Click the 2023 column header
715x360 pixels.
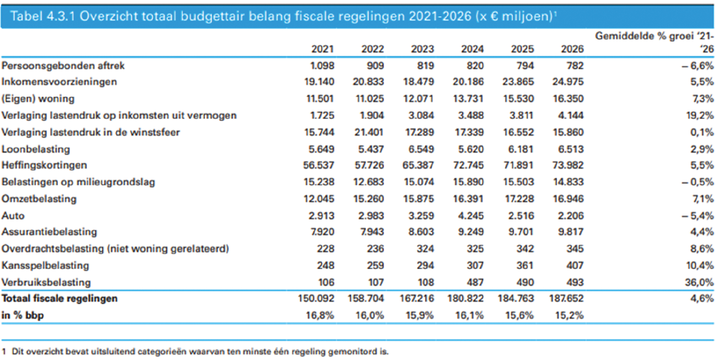(x=422, y=49)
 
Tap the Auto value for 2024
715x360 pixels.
(x=472, y=215)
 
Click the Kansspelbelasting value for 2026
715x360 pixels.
(x=572, y=265)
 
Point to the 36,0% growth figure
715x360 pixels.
(x=701, y=282)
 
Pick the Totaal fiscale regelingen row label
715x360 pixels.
(x=60, y=299)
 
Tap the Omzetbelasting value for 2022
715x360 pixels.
(x=368, y=199)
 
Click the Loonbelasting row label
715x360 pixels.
(x=36, y=149)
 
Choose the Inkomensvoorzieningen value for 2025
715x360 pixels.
(x=520, y=82)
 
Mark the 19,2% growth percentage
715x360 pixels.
(x=701, y=116)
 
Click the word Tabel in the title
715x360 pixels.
(x=25, y=17)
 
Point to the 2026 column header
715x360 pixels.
(x=572, y=49)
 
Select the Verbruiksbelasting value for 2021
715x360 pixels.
(x=325, y=282)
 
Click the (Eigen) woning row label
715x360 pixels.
(x=38, y=99)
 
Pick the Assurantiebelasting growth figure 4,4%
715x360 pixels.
(x=703, y=232)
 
